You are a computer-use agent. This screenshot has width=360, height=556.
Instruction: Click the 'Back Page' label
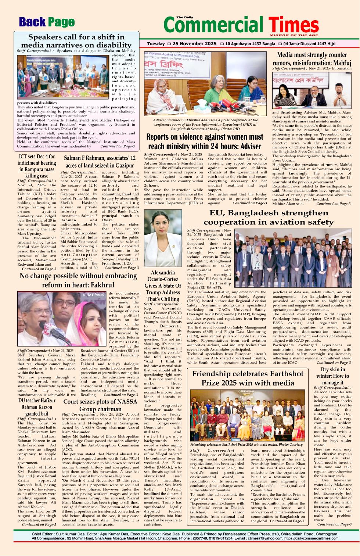tap(47, 22)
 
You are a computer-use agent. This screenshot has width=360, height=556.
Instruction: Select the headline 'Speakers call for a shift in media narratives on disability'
tap(76, 41)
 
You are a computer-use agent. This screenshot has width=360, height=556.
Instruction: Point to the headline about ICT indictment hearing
tap(37, 166)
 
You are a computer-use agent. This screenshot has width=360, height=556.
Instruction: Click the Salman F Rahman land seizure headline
tap(100, 162)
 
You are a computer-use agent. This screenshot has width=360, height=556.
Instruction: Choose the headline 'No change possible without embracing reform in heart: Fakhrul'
tap(78, 280)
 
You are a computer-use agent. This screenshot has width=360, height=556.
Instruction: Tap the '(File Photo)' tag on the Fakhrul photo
tap(94, 295)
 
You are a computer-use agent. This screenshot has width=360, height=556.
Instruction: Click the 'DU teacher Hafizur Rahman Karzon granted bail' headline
tap(37, 407)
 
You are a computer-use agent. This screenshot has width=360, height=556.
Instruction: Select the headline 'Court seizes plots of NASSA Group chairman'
tap(100, 405)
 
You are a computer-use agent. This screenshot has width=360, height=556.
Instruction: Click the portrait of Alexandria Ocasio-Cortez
tap(163, 238)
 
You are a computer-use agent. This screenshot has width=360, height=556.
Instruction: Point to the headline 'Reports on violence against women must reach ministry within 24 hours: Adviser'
tap(205, 141)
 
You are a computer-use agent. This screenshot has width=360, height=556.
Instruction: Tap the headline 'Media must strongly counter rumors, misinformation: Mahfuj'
tap(312, 58)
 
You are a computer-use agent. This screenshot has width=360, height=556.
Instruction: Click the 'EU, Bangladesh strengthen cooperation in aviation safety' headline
tap(269, 217)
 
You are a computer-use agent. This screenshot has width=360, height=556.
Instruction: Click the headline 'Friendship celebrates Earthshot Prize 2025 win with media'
tap(248, 378)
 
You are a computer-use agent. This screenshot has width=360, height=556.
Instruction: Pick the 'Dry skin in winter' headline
tap(332, 376)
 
